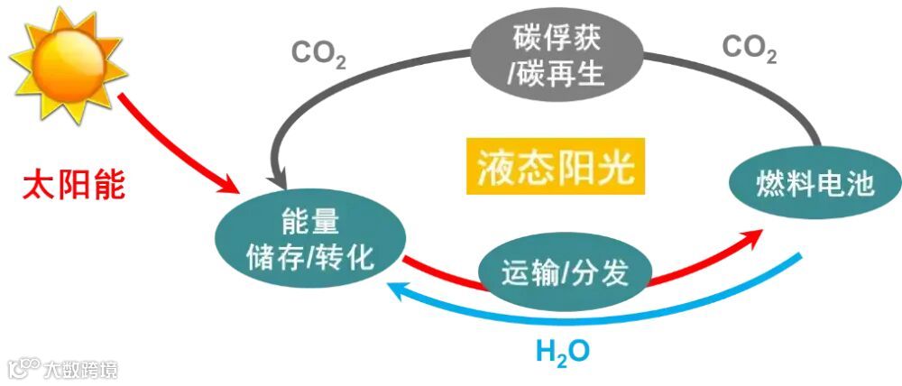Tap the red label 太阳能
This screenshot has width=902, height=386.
(74, 186)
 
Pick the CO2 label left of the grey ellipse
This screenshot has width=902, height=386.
(318, 55)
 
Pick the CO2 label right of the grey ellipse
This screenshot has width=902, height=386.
(750, 51)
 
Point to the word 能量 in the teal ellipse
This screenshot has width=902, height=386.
(309, 222)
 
